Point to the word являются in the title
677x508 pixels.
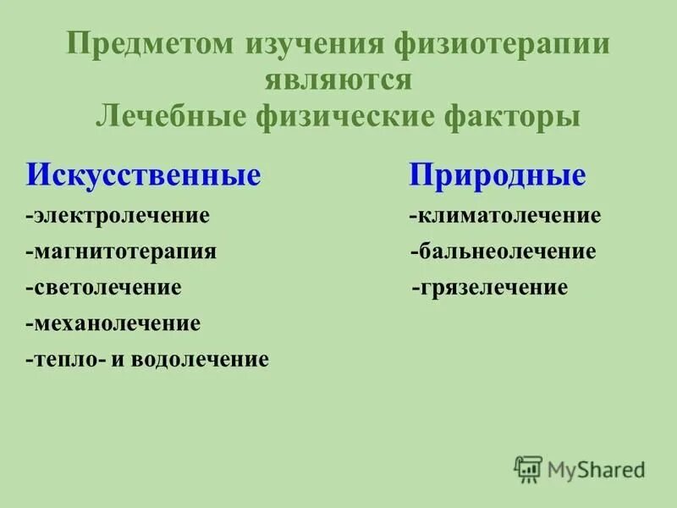click(338, 80)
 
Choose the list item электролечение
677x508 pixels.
click(118, 215)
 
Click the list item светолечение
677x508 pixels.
click(103, 288)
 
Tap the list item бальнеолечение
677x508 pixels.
click(504, 251)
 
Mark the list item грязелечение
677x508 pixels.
click(490, 288)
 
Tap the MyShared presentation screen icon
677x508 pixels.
click(528, 468)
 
